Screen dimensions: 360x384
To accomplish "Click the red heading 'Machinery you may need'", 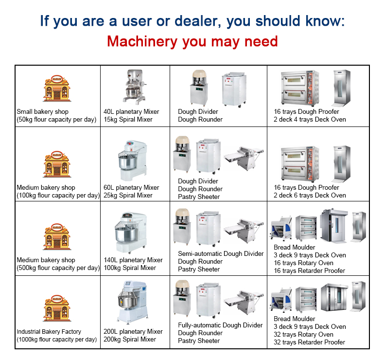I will [x=192, y=41].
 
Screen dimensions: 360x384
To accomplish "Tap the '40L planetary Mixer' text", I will [x=131, y=112].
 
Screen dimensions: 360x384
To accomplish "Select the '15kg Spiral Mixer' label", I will [x=128, y=120].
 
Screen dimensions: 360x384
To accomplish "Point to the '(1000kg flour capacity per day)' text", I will [x=57, y=340].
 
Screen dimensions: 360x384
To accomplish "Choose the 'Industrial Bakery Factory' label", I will [x=49, y=332].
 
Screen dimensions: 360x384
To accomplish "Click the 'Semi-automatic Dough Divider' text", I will [x=221, y=254].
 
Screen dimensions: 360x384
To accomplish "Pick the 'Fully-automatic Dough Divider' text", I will [x=220, y=325].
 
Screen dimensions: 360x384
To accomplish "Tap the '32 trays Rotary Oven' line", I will [x=304, y=334].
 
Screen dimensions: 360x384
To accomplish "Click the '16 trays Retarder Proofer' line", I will [x=310, y=270].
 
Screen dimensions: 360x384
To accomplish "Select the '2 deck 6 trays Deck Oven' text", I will [x=310, y=195].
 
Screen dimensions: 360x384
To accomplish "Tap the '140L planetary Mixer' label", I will [x=133, y=260].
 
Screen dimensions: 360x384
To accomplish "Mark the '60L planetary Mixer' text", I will [x=131, y=188].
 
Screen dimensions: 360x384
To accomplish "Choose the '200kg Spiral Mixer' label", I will [x=130, y=340].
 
